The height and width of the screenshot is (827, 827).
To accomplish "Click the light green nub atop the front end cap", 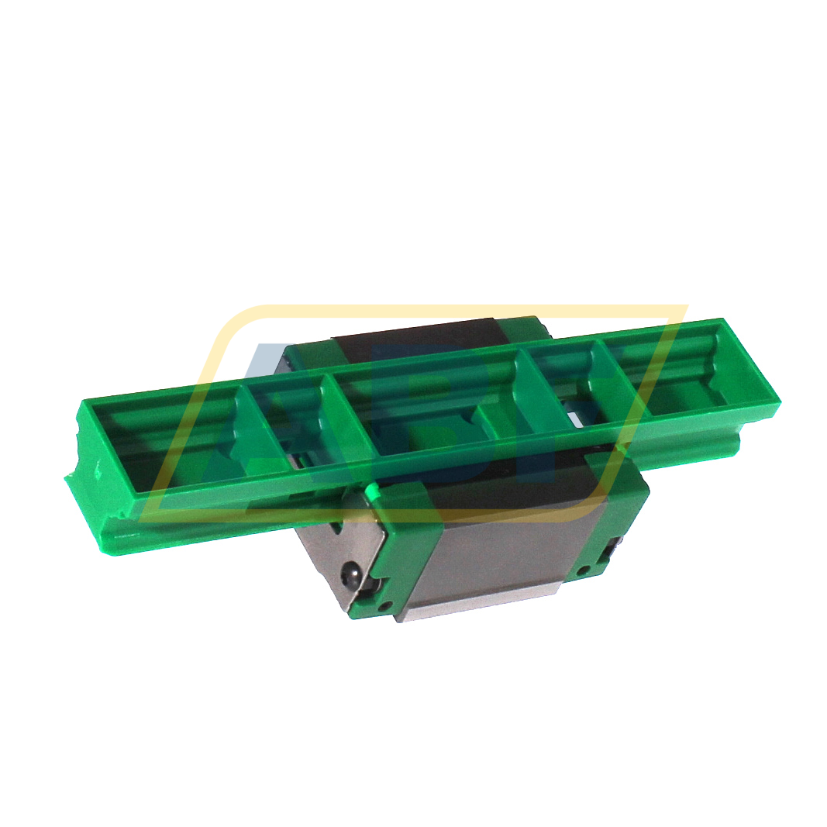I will [x=371, y=490].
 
